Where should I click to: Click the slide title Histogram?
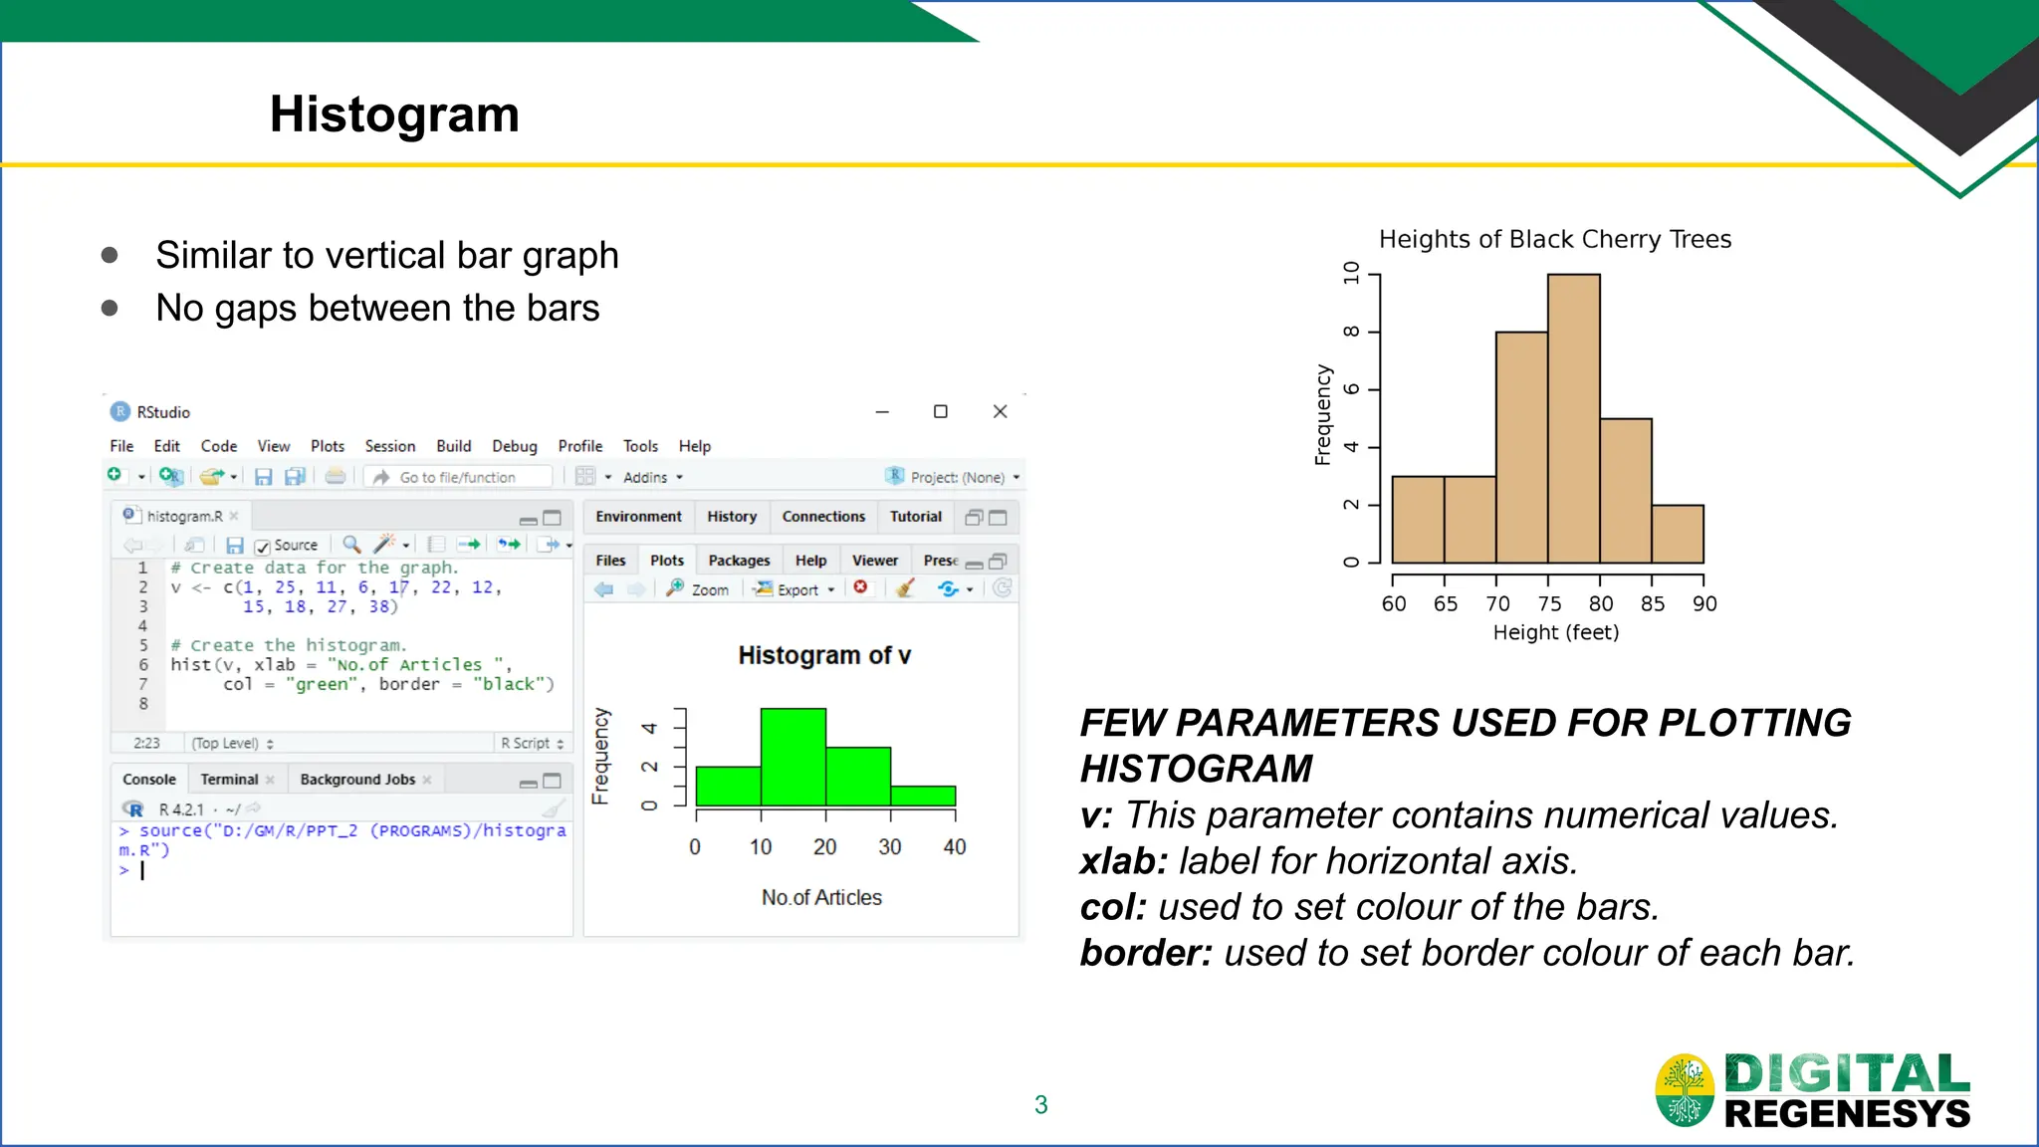[x=394, y=115]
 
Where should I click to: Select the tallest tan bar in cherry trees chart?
[x=1573, y=418]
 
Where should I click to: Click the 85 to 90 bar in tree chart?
[x=1678, y=534]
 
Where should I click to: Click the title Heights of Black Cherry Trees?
[x=1554, y=240]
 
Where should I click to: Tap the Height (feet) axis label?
[x=1555, y=632]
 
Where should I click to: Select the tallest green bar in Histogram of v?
[x=793, y=757]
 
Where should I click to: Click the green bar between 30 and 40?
[x=923, y=796]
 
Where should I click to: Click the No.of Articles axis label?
[x=821, y=897]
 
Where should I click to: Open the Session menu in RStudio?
[x=389, y=446]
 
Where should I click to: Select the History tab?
[x=732, y=517]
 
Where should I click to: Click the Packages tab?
[x=739, y=561]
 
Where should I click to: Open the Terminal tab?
[x=229, y=780]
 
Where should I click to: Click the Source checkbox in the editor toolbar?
[x=263, y=547]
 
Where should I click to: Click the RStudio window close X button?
[x=1001, y=411]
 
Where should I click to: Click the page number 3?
[x=1040, y=1104]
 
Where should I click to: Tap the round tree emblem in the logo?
[x=1685, y=1090]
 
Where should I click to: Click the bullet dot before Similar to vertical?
[x=110, y=256]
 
